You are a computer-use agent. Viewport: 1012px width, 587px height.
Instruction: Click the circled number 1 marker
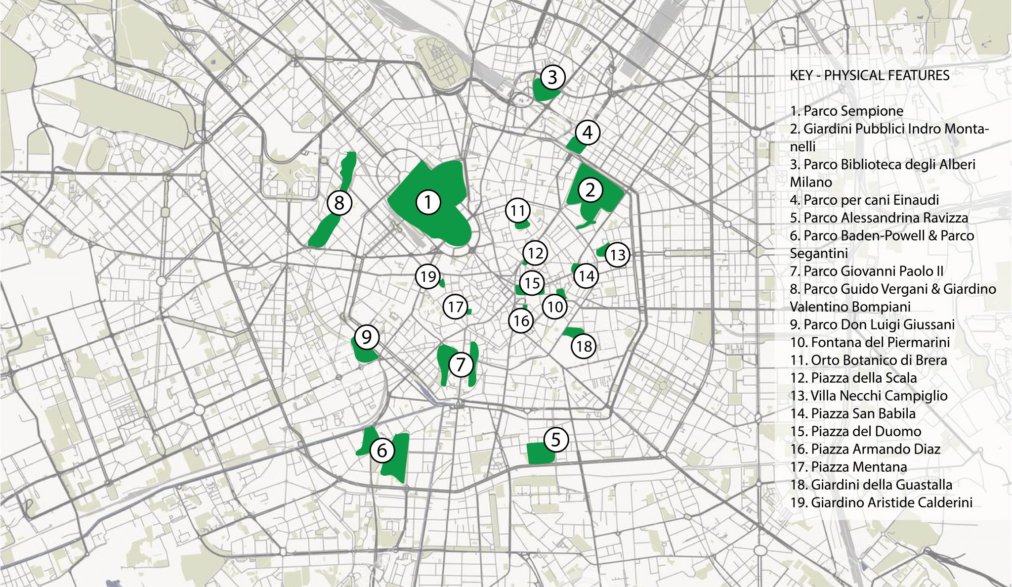click(x=428, y=202)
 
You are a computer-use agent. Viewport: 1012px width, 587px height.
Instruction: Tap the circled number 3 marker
click(x=552, y=77)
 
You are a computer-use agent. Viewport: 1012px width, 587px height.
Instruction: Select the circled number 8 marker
click(x=339, y=203)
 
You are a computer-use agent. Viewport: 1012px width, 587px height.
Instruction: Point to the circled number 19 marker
click(x=428, y=276)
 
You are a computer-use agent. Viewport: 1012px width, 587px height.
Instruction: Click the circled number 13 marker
click(x=618, y=255)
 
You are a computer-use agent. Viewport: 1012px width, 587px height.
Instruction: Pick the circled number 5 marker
click(x=556, y=439)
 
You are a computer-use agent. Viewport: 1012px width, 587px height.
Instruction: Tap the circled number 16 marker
click(x=521, y=320)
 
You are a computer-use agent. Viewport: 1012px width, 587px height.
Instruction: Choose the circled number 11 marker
click(x=517, y=211)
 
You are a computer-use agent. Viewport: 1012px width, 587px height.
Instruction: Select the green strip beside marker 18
click(x=573, y=331)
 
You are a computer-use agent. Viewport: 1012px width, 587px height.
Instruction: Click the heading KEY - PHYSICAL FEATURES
click(x=869, y=75)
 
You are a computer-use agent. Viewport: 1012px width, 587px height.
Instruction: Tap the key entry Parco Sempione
click(x=846, y=111)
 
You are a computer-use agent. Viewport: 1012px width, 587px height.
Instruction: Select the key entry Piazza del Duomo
click(x=855, y=431)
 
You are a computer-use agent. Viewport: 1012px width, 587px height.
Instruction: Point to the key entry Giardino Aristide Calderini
click(x=881, y=502)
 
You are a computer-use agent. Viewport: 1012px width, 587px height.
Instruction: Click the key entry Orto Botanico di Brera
click(x=868, y=360)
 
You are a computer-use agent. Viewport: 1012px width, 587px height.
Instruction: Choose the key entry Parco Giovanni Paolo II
click(x=866, y=271)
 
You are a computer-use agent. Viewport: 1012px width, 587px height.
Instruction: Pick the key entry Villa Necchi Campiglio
click(x=868, y=396)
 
